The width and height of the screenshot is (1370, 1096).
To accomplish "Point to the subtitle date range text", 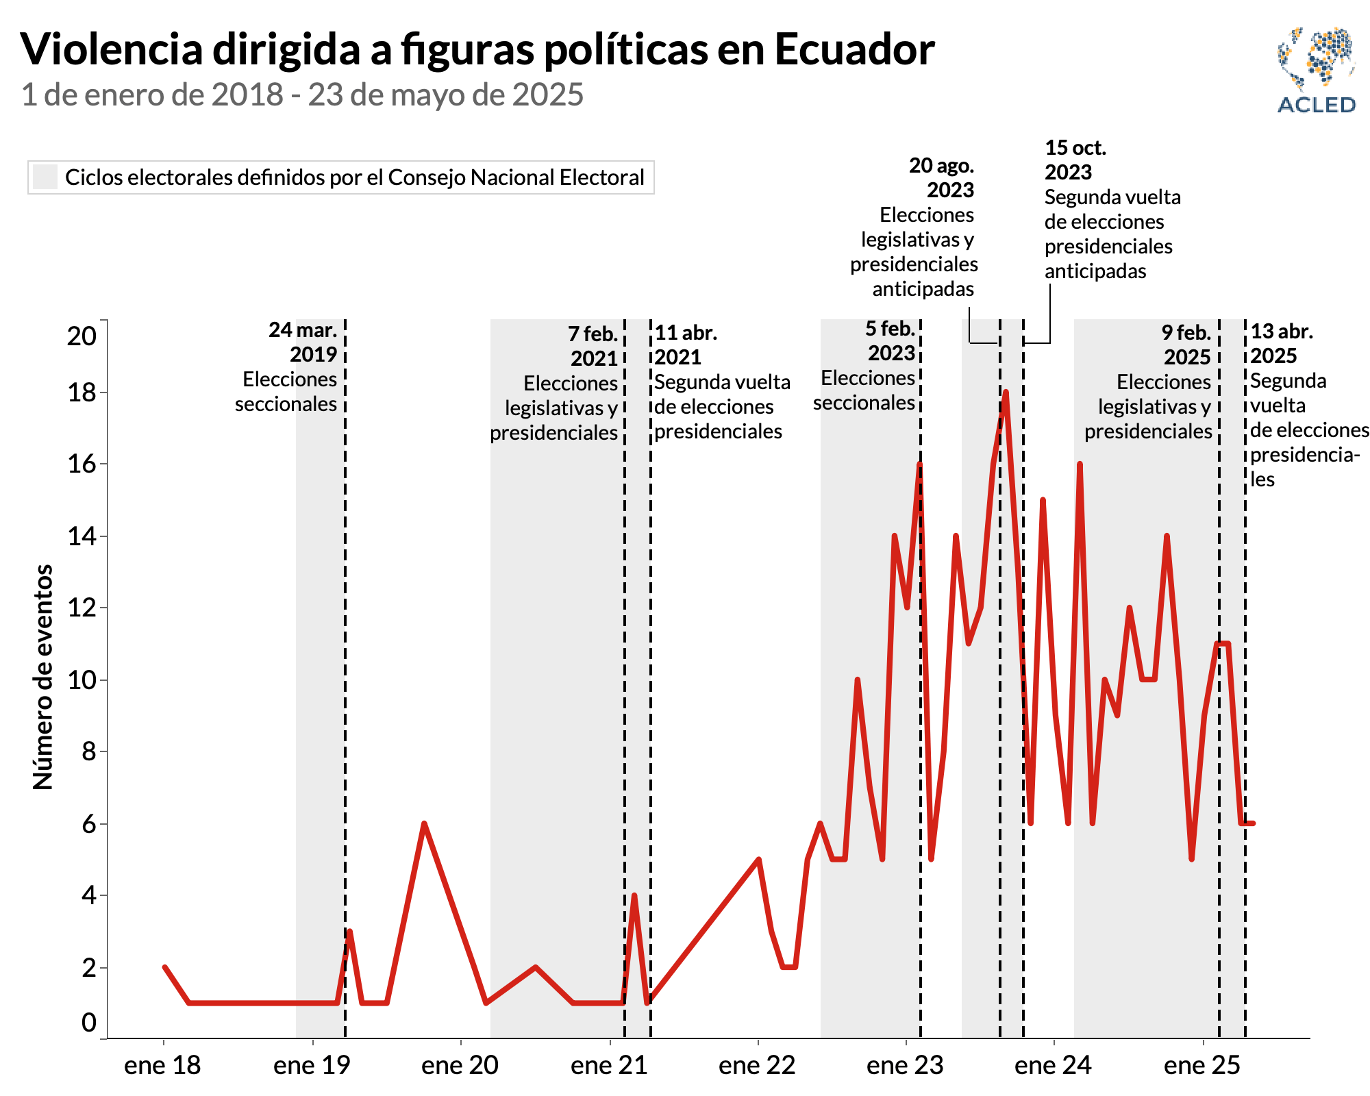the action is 302,95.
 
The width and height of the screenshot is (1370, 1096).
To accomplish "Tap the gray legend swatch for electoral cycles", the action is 45,177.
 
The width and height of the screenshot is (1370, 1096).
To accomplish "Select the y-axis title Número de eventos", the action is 43,677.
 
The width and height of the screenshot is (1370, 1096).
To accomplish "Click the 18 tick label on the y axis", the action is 82,393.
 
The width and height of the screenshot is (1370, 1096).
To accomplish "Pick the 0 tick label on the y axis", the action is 89,1023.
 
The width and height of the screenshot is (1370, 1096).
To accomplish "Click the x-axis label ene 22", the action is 757,1065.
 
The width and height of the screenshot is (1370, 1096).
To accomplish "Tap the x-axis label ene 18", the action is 162,1065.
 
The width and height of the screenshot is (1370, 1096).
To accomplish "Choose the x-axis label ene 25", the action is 1202,1065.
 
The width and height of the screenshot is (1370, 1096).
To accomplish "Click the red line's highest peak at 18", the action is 1006,393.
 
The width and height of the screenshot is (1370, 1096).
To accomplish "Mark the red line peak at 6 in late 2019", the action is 424,823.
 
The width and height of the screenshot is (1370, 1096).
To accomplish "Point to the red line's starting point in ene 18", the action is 164,967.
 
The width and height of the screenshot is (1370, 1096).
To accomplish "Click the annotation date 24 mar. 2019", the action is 303,342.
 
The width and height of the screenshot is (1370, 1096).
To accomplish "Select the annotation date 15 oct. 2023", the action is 1075,160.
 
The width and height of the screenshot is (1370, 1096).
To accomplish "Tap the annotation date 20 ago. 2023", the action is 942,177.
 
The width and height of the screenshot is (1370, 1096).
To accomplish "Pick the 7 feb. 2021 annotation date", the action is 593,346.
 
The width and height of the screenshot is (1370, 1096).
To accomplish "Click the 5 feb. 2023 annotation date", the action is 891,340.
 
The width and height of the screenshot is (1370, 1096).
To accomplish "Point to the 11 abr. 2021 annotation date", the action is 686,345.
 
